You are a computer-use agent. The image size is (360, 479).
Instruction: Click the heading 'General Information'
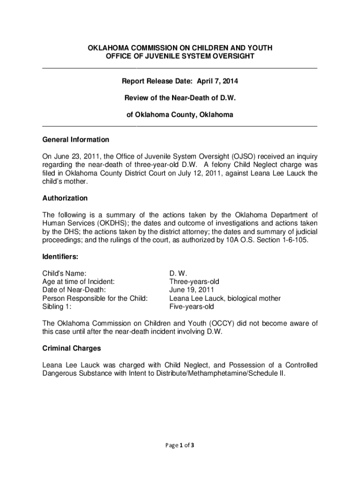coord(76,140)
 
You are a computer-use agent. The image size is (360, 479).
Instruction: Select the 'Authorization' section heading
coord(65,198)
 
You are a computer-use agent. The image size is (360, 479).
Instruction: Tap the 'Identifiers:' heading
coord(60,257)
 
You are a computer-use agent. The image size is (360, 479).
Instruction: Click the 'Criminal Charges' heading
coord(72,348)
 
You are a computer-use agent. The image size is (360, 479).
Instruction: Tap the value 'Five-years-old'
coord(191,307)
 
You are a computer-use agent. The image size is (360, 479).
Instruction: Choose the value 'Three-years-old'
coord(194,282)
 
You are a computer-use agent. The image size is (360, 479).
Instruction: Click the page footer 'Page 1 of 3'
coord(180,445)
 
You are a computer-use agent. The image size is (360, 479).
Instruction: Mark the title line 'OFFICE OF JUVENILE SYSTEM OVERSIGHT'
coord(180,56)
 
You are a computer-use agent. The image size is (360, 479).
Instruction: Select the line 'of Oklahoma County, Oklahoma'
coord(180,115)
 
